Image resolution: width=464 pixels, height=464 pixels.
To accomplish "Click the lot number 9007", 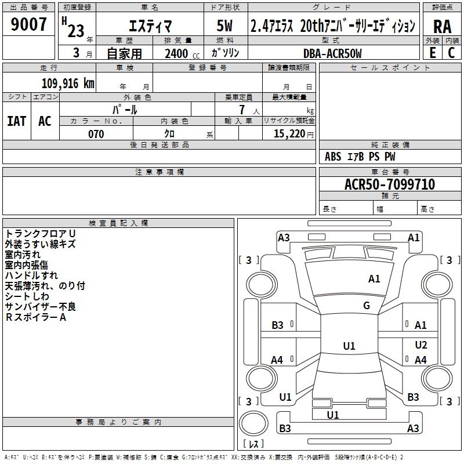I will click(29, 24).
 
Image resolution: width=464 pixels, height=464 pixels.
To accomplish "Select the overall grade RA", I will click(442, 26).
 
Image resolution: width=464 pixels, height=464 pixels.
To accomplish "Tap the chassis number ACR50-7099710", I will click(390, 184).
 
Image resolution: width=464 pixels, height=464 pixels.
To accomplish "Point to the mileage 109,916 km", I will click(68, 84).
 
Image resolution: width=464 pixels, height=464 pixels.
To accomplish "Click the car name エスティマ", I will click(148, 26).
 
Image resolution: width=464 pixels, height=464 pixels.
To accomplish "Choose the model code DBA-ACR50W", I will click(332, 53).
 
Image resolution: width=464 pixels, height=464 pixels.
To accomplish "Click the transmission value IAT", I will click(16, 121).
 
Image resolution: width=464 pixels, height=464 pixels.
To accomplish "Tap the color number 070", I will click(96, 134).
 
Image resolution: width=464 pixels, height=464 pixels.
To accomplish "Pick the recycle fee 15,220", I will click(290, 134).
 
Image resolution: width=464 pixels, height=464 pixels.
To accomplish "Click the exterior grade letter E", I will click(432, 53).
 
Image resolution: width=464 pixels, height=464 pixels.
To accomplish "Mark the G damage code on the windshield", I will click(367, 306).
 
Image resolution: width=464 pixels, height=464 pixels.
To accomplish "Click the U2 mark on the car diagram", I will click(421, 345).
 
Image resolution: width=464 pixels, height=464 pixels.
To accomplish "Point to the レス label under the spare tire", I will click(253, 444).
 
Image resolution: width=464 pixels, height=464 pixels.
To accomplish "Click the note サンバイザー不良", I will click(41, 307).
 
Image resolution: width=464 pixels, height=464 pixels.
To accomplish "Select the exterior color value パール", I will click(125, 109).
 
